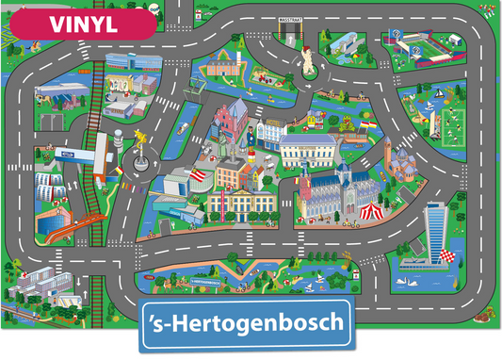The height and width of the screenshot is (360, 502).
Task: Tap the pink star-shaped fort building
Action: tap(216, 65)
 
